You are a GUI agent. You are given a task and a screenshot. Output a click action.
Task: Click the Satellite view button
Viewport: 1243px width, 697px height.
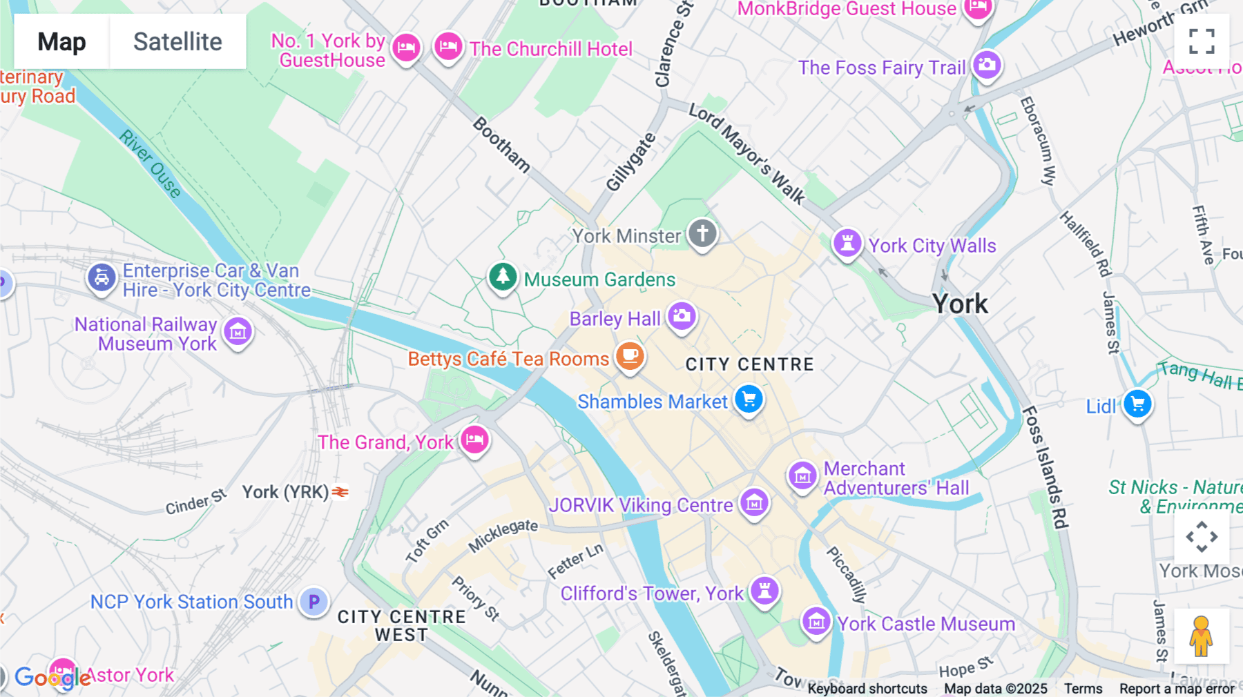coord(177,42)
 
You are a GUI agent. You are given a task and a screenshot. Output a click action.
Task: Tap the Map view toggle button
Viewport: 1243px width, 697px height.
coord(61,42)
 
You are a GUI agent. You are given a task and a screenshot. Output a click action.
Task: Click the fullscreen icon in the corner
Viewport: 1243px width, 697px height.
coord(1202,41)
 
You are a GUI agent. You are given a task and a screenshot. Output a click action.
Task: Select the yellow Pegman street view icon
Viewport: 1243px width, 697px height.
coord(1201,636)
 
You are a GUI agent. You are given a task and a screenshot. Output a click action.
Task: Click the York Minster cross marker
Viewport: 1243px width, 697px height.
coord(702,233)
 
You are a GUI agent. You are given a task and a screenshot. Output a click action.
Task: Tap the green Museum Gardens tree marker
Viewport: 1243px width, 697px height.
coord(503,277)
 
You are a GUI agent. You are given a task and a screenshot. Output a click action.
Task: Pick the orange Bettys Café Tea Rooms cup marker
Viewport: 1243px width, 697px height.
coord(629,356)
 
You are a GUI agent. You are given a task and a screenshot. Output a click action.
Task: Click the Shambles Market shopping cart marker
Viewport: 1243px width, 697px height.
coord(749,400)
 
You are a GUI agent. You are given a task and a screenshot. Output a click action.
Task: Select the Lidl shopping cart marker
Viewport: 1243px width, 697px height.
coord(1137,404)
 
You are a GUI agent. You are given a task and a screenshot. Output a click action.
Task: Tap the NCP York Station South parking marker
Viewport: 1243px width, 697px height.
coord(314,602)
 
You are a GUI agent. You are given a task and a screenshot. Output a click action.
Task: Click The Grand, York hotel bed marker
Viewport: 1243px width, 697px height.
coord(474,440)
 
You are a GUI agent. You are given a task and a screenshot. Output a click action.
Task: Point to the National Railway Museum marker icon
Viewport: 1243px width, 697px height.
coord(238,331)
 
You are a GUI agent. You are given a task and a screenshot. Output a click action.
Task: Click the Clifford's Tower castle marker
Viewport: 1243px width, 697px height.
coord(764,590)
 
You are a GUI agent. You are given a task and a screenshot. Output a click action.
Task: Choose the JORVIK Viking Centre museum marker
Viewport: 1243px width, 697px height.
coord(754,503)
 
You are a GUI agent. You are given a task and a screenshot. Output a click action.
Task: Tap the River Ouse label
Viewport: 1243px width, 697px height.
coord(150,164)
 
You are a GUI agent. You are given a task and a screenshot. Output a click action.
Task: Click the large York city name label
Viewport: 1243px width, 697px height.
coord(960,304)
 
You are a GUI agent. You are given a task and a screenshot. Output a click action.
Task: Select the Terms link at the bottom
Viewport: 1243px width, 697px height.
coord(1083,688)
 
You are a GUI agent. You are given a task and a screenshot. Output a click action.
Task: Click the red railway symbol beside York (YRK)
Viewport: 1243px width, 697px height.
coord(340,492)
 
